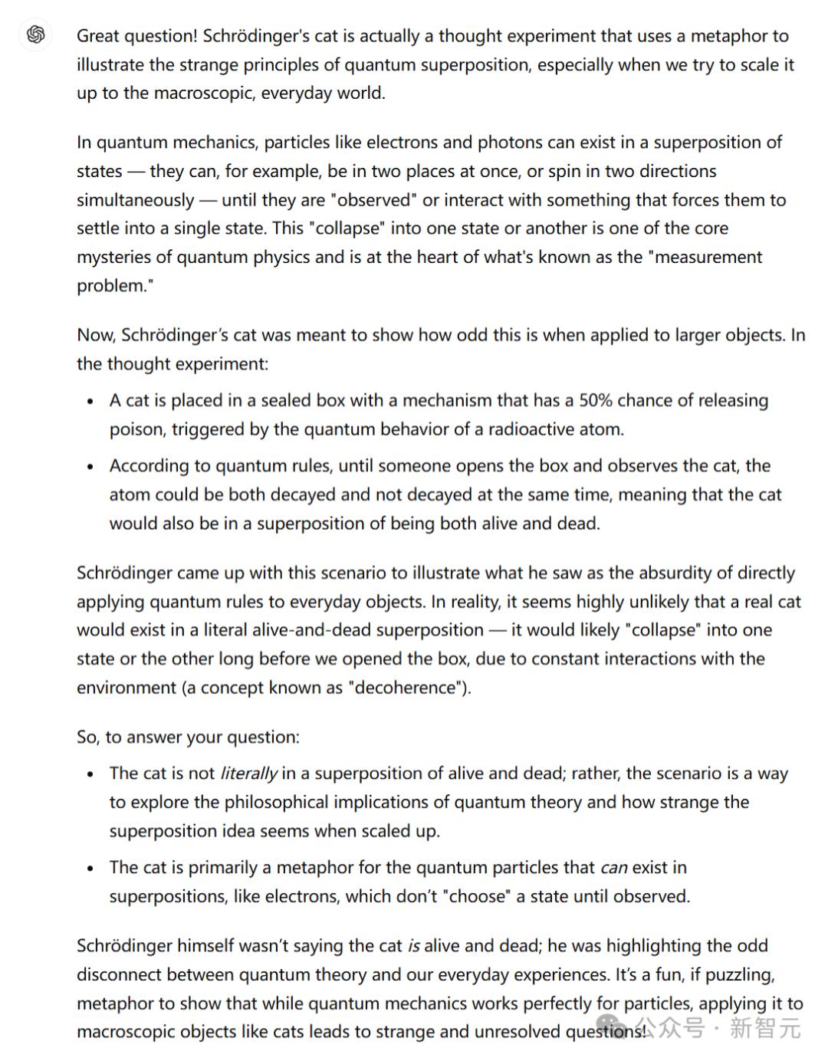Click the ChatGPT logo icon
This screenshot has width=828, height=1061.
pyautogui.click(x=35, y=34)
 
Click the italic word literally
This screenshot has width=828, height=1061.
pyautogui.click(x=248, y=774)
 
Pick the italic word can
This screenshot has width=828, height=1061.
pyautogui.click(x=613, y=868)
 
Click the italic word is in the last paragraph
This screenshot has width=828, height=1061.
pyautogui.click(x=413, y=946)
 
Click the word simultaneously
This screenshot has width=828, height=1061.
pyautogui.click(x=135, y=200)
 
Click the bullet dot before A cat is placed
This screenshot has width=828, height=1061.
pyautogui.click(x=90, y=401)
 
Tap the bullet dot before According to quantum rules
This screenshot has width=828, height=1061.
pyautogui.click(x=90, y=466)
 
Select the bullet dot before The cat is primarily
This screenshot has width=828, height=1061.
pyautogui.click(x=90, y=869)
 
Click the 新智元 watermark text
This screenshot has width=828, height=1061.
pyautogui.click(x=764, y=1027)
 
